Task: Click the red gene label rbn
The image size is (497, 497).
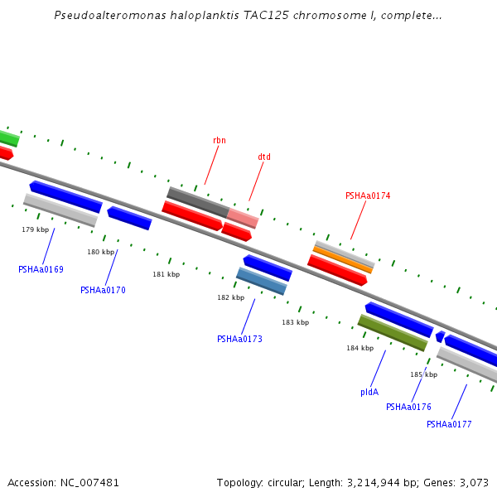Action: (219, 141)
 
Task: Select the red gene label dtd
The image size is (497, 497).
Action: (264, 157)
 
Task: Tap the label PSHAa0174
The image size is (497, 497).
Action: (368, 196)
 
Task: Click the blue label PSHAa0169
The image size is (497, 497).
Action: (41, 269)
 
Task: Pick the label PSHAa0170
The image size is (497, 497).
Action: (103, 290)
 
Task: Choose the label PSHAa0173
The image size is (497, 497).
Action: (239, 339)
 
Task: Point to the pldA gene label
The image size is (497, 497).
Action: (369, 392)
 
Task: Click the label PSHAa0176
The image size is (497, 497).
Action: (408, 407)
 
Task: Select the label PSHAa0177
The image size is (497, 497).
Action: (449, 424)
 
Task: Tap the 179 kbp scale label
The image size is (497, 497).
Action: (36, 229)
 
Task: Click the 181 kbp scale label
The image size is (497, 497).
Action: (166, 274)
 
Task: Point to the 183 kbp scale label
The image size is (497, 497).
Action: (295, 322)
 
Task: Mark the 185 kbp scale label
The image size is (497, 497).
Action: (423, 374)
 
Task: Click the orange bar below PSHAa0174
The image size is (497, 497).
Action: (343, 260)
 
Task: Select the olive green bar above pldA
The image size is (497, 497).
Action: (393, 332)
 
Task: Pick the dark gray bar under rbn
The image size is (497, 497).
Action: (198, 202)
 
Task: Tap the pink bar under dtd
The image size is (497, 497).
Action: (243, 219)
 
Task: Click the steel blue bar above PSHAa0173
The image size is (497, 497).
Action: (262, 282)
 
